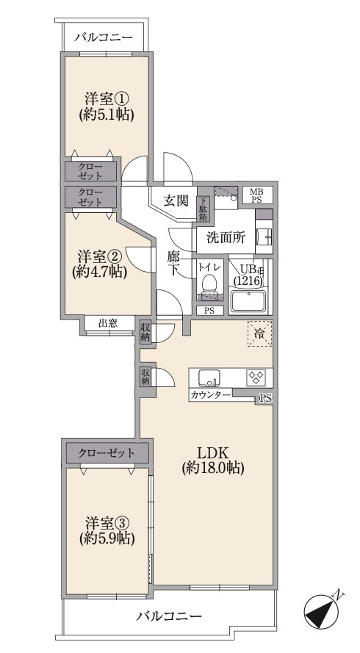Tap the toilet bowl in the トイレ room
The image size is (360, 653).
tap(210, 283)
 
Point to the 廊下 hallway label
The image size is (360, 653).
tap(174, 263)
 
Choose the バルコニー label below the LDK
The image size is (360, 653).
tap(169, 616)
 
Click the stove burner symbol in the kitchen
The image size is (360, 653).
tap(256, 376)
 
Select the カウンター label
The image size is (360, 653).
tap(211, 395)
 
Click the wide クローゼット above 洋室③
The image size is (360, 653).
tap(107, 452)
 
